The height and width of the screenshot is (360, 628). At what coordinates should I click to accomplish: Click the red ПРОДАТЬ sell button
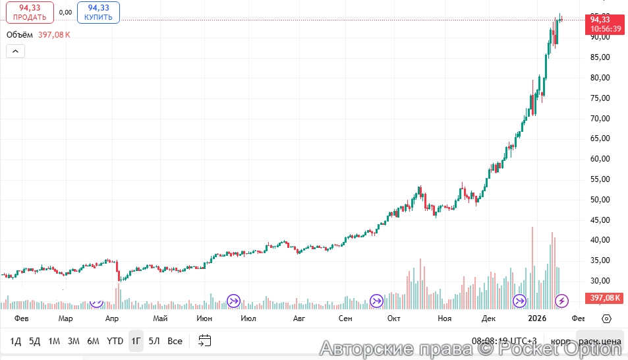click(29, 12)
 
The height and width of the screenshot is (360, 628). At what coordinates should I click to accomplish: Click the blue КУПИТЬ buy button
click(98, 12)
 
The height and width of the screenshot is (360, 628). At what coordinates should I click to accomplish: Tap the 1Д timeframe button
click(16, 341)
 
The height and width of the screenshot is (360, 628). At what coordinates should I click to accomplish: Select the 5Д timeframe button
click(35, 341)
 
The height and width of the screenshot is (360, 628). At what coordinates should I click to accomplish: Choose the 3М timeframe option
click(73, 341)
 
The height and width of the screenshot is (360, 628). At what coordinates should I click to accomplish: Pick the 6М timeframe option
click(93, 341)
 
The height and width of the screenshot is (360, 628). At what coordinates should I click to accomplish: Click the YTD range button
click(115, 341)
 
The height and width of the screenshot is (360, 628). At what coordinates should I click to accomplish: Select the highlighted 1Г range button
click(136, 341)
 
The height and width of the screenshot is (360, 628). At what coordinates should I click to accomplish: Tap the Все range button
click(175, 341)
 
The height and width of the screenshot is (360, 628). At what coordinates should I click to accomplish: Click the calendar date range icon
click(205, 341)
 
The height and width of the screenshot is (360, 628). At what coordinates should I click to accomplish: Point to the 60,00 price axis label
click(600, 159)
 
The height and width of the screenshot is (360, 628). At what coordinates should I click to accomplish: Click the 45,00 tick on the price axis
click(600, 220)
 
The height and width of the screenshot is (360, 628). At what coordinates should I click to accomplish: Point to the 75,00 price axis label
click(600, 98)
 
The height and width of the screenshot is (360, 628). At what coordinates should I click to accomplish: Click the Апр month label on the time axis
click(112, 318)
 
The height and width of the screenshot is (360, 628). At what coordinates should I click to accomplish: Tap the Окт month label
click(394, 318)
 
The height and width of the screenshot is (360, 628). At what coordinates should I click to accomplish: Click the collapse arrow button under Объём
click(15, 51)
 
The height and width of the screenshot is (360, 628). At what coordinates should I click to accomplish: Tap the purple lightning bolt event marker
click(561, 301)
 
